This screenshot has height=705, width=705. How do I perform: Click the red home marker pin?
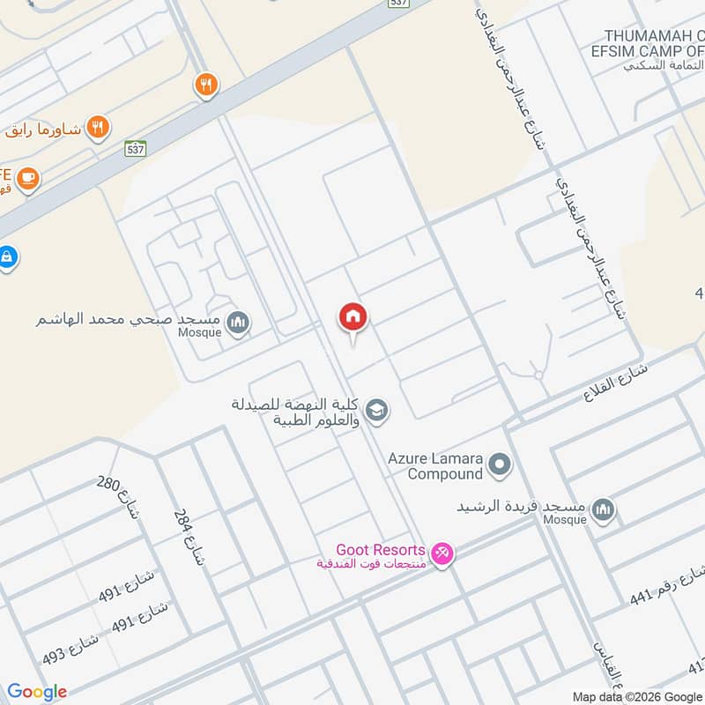(x=353, y=318)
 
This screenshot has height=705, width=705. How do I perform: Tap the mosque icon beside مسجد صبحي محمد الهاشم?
(x=237, y=324)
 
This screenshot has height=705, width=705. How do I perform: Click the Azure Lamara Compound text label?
(x=436, y=465)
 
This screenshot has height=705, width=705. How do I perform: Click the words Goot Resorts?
(x=381, y=549)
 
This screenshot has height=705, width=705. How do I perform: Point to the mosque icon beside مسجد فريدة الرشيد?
(x=604, y=508)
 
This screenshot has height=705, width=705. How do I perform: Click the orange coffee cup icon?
(x=27, y=179)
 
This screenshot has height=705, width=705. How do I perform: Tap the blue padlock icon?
(x=7, y=258)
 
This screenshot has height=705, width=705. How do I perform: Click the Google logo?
(x=37, y=692)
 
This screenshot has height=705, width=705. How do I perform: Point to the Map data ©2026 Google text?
(x=635, y=696)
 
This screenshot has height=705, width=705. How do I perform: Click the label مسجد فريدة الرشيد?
(x=521, y=507)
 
